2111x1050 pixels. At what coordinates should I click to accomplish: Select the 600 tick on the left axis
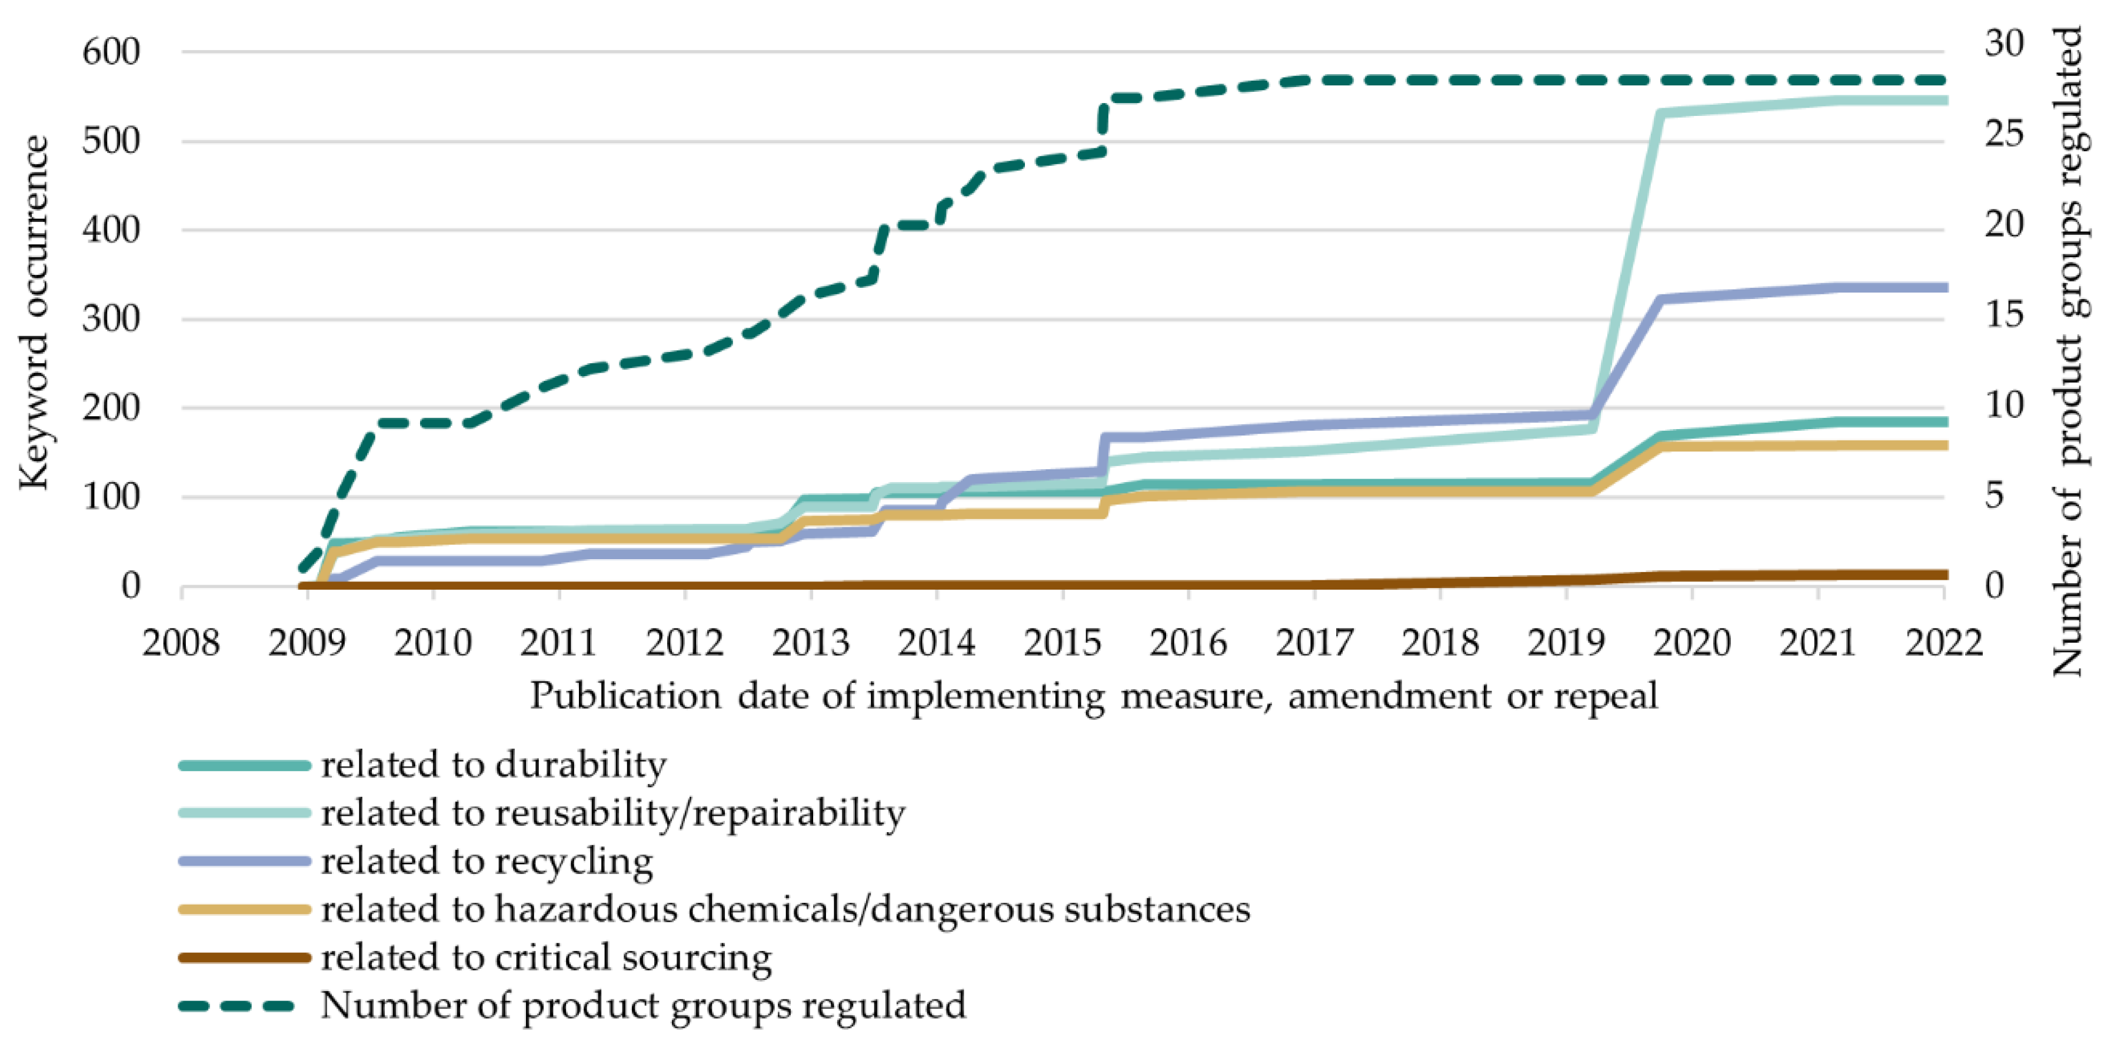click(x=111, y=52)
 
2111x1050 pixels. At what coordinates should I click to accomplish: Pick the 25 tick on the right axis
click(x=2004, y=134)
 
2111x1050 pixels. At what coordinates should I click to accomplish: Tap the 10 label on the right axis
click(x=2004, y=404)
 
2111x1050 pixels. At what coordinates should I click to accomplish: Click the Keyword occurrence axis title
click(x=34, y=314)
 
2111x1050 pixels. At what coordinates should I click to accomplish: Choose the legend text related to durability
click(x=493, y=765)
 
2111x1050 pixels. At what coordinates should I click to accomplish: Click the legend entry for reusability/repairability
click(x=613, y=813)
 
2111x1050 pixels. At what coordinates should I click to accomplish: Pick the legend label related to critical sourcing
click(x=546, y=958)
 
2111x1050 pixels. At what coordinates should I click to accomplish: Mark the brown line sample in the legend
click(x=244, y=958)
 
